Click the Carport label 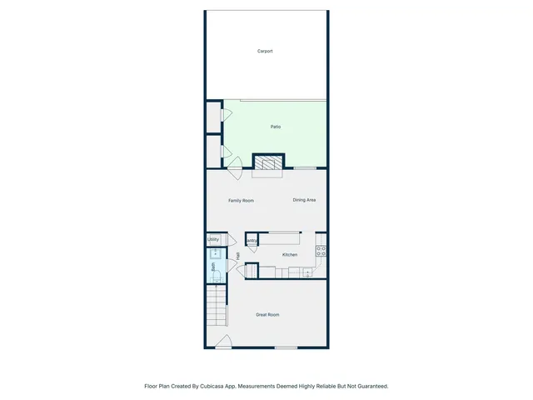(265, 52)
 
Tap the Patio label (276, 127)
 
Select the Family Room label (242, 201)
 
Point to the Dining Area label (304, 200)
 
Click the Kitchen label (290, 254)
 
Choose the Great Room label (267, 315)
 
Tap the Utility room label (213, 240)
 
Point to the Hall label (238, 256)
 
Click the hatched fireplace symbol (268, 162)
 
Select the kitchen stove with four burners (321, 249)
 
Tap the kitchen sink (307, 272)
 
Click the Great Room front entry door (223, 342)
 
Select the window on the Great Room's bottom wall (286, 347)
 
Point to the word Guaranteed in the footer (370, 386)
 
